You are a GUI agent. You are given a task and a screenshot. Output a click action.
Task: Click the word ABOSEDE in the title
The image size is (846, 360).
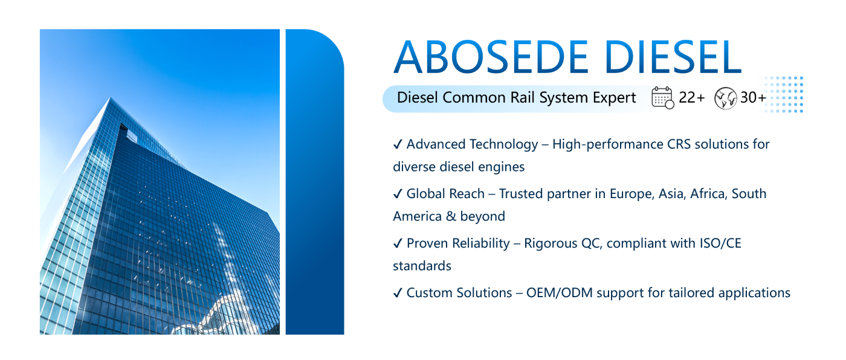tap(491, 57)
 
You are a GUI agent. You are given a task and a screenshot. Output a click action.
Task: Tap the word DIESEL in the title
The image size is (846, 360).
tap(673, 57)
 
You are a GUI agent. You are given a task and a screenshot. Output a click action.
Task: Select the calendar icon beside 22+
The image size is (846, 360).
tap(662, 98)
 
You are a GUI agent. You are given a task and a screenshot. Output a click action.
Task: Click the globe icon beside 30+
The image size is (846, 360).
tap(725, 98)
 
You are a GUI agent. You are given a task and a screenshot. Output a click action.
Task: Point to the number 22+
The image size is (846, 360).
tap(691, 97)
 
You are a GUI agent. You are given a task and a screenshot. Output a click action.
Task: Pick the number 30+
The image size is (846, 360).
tap(753, 97)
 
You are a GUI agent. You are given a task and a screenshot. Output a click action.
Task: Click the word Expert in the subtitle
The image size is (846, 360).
tap(615, 98)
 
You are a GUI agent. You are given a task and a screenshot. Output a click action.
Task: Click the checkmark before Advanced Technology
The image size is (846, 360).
tap(398, 144)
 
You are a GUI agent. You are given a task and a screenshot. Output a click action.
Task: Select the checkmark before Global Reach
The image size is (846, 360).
tap(398, 193)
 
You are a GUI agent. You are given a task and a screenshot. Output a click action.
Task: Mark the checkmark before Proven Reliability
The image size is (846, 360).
tap(398, 243)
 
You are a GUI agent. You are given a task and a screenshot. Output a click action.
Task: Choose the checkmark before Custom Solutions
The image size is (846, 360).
tap(398, 293)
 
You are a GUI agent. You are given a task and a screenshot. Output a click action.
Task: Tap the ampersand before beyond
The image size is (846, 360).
tap(451, 216)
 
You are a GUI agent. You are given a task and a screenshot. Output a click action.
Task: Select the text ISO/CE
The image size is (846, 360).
tap(720, 243)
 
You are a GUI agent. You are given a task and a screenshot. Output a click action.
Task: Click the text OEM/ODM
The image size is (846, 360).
tap(560, 293)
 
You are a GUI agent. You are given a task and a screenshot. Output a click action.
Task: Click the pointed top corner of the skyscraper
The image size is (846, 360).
tap(111, 98)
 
